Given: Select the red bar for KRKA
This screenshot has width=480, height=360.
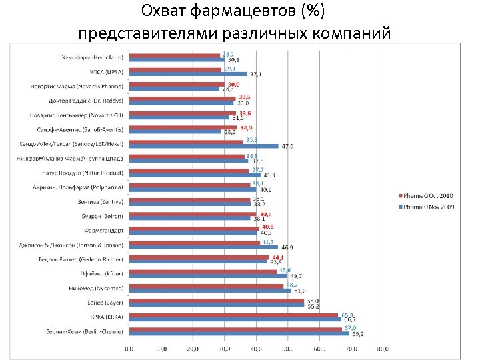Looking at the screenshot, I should tap(233, 315).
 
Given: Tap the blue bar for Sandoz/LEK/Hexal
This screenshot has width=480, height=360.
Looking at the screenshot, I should tap(203, 145).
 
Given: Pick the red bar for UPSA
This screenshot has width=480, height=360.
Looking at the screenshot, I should tap(175, 69).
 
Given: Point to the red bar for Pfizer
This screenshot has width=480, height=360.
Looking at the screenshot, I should tap(203, 271).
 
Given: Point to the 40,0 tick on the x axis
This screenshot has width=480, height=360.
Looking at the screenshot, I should tap(256, 349).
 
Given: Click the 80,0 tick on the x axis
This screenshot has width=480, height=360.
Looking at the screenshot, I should tap(383, 349).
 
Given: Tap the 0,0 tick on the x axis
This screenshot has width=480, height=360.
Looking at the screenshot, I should tap(129, 349).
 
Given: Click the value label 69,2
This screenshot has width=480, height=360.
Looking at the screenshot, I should tap(357, 333).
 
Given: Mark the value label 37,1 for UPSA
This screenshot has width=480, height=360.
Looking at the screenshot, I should tap(255, 74).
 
